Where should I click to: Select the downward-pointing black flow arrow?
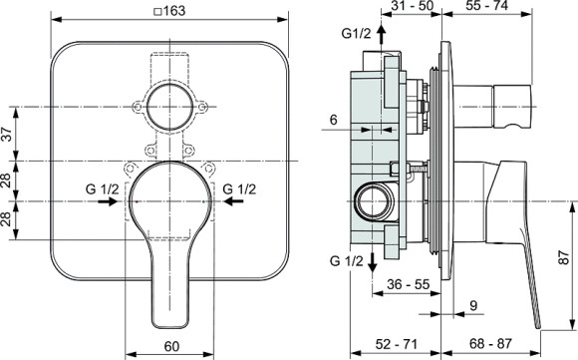click(371, 261)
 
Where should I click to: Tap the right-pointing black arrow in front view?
click(103, 200)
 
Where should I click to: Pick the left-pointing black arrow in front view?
click(232, 200)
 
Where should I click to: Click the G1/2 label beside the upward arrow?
click(356, 33)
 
